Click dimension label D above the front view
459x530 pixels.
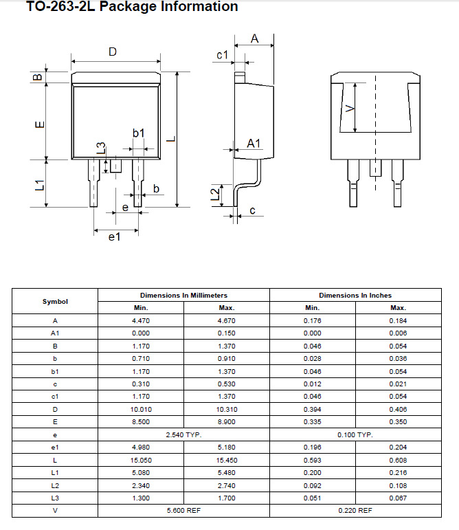point(113,52)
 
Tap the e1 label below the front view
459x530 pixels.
point(115,237)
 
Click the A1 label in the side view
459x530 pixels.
point(254,143)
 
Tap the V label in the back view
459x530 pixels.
point(348,108)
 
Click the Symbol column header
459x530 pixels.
point(55,301)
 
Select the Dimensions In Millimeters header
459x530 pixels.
point(183,295)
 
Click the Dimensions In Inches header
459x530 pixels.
point(355,295)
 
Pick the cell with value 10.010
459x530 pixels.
point(141,409)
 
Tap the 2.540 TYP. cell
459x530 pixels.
point(183,434)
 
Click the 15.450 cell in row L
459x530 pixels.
point(227,460)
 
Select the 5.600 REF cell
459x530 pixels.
point(183,510)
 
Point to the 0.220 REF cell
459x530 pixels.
point(355,510)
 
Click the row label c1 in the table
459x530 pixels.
point(55,397)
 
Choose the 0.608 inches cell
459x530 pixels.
point(398,460)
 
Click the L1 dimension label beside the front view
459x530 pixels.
point(40,184)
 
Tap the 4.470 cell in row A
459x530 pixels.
point(141,320)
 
